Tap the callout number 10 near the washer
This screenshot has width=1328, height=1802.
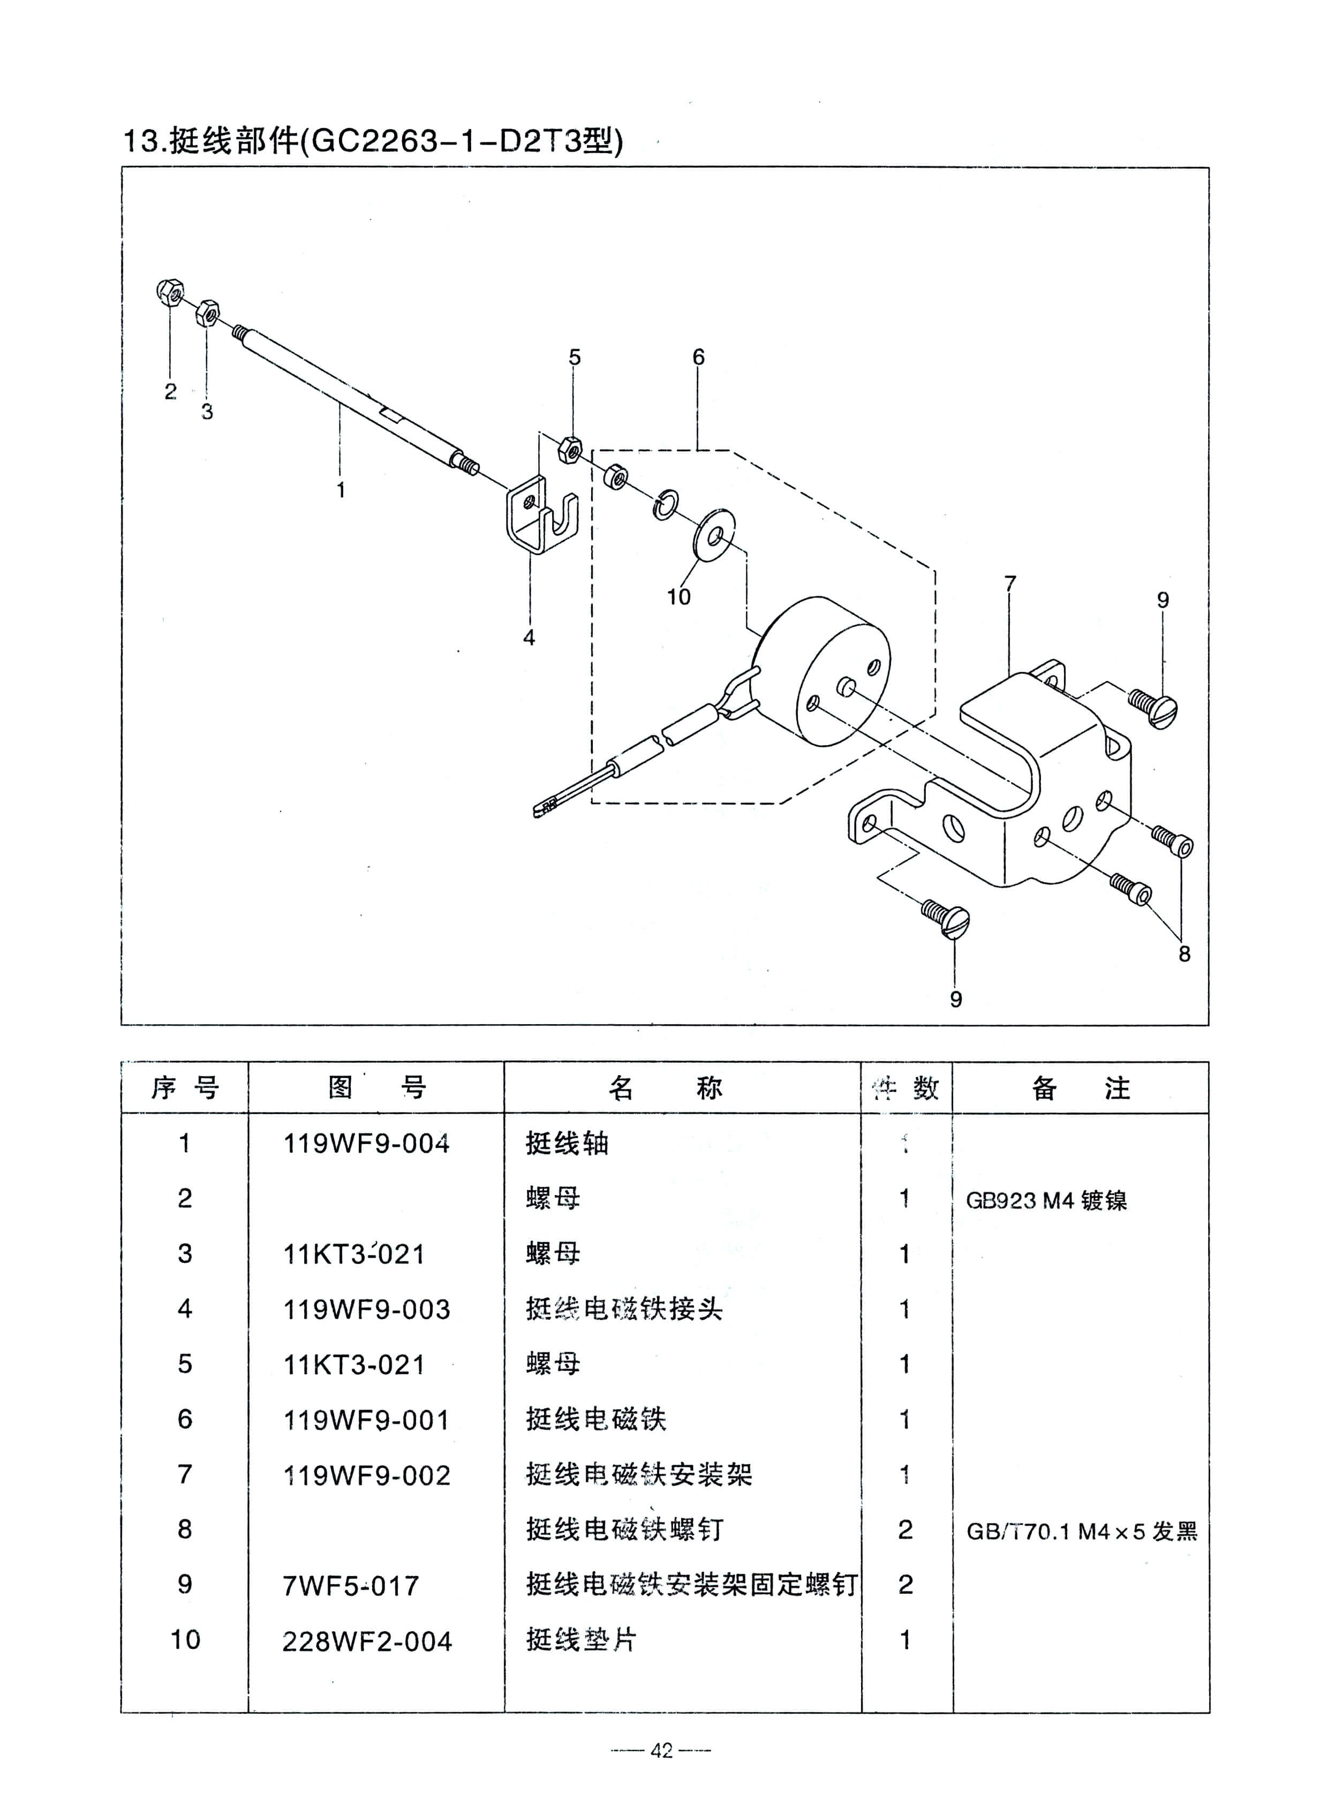[x=678, y=596]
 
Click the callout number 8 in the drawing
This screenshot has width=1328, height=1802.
[x=1183, y=953]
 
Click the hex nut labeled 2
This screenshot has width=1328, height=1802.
[x=170, y=292]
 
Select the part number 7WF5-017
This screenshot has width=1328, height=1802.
[x=351, y=1586]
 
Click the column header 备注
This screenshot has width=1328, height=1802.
[x=1081, y=1088]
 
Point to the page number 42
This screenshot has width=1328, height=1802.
[x=661, y=1751]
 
